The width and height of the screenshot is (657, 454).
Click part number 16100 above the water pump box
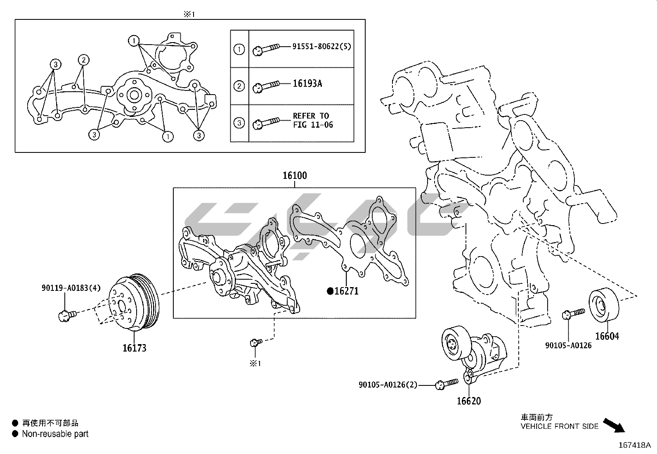click(295, 176)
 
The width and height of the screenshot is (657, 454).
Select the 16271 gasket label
click(346, 291)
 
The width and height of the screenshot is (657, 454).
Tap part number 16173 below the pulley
click(134, 348)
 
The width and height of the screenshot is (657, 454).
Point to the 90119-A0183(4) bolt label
click(71, 288)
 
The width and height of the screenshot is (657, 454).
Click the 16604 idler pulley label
click(607, 336)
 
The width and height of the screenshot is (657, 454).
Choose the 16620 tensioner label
click(468, 401)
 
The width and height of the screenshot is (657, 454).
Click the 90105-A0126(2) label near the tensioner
click(388, 385)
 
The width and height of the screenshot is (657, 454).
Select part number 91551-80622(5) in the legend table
click(322, 46)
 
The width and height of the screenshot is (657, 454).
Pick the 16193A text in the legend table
click(307, 84)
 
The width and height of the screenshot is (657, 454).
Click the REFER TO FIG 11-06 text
click(313, 120)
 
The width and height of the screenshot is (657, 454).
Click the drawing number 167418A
click(634, 445)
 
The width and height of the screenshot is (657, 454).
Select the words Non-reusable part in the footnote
click(55, 434)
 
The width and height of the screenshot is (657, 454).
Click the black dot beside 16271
click(330, 291)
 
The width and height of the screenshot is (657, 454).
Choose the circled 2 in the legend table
click(239, 86)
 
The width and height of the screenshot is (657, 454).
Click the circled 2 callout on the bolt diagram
click(83, 60)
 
